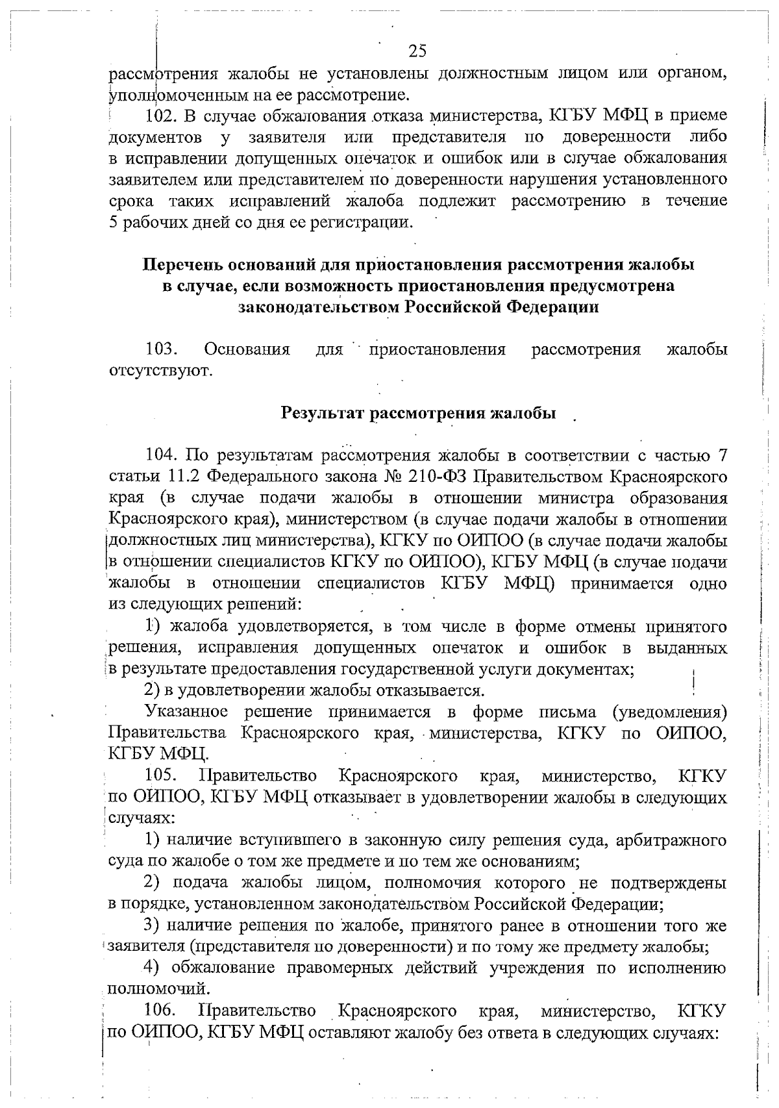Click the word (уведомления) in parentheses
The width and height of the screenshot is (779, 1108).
(669, 712)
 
